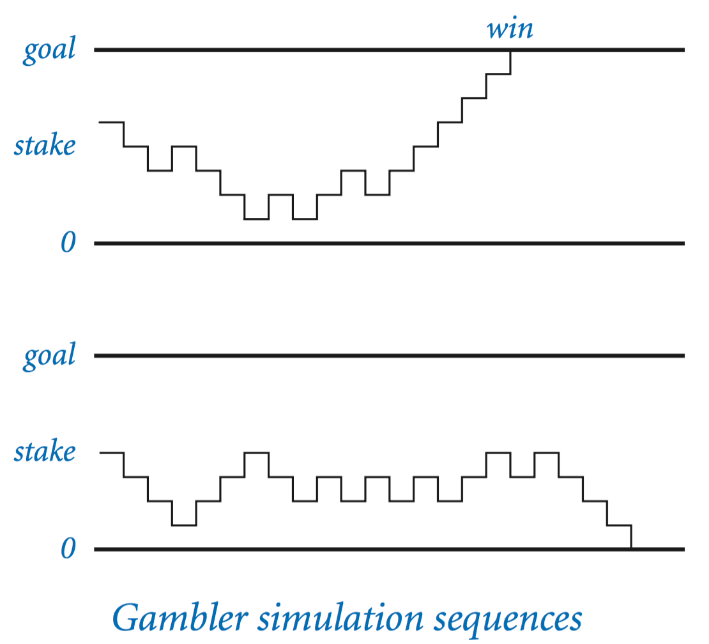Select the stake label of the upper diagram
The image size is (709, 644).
45,146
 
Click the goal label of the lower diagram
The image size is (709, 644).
49,356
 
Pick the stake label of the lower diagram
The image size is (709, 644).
45,452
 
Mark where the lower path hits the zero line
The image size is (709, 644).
631,548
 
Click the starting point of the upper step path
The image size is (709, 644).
100,121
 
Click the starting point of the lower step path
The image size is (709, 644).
100,452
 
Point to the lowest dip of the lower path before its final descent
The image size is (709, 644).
184,525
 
